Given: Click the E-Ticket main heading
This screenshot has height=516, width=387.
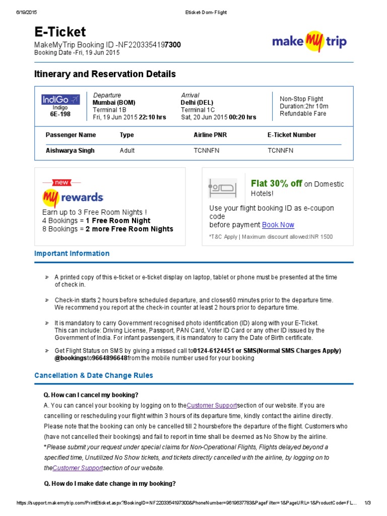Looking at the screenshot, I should [60, 32].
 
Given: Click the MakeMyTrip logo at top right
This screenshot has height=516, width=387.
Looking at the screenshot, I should [309, 41].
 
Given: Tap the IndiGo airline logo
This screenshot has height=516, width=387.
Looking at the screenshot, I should [60, 99].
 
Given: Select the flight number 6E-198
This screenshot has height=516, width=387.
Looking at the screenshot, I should [60, 114].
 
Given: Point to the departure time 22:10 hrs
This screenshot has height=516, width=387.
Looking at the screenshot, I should [152, 117].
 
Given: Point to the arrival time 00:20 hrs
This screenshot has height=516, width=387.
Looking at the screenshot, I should [242, 117].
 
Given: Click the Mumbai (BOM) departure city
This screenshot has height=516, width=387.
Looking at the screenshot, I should [114, 102].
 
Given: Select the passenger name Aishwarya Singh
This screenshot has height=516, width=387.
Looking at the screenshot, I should [70, 150].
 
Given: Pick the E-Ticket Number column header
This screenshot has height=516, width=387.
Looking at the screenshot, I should [292, 135].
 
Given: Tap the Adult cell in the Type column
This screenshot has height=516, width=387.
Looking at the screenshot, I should [127, 150].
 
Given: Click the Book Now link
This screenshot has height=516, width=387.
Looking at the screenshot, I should [278, 225].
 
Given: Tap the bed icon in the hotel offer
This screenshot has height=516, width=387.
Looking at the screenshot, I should [222, 188].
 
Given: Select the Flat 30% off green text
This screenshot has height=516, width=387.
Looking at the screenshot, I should [276, 183].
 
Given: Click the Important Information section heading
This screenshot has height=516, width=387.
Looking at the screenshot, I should [72, 253].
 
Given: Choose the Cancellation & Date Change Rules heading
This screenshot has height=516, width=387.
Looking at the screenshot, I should [94, 375].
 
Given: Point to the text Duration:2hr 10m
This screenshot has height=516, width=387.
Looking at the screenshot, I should [304, 106].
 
